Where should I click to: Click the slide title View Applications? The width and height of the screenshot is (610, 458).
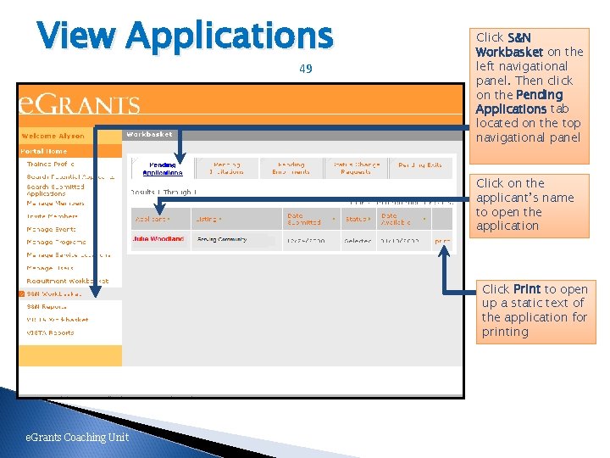[186, 36]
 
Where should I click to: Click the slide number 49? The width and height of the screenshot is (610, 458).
[306, 69]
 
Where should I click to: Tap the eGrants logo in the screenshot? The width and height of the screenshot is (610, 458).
[80, 104]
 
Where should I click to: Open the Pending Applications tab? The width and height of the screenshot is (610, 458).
[162, 169]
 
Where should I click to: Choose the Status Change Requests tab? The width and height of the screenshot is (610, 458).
[356, 169]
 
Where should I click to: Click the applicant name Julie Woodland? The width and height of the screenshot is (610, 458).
[158, 239]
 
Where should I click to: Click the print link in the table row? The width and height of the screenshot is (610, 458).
[442, 241]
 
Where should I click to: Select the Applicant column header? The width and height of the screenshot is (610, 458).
[152, 219]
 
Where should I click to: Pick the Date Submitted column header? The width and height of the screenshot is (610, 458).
[304, 219]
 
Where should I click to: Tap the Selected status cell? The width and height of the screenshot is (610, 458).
[357, 241]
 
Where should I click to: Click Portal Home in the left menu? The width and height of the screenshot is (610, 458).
[44, 151]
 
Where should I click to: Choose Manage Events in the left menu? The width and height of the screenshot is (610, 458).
[51, 229]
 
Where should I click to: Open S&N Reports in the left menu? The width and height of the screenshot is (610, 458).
[47, 306]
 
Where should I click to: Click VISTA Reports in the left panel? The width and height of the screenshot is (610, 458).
[50, 332]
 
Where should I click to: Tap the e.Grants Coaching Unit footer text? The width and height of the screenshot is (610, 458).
[76, 437]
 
